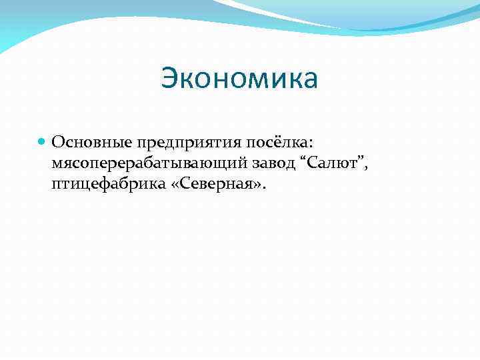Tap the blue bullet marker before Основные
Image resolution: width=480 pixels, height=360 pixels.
42,142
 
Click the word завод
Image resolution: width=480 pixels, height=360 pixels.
272,163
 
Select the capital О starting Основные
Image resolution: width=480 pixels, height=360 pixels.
57,142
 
